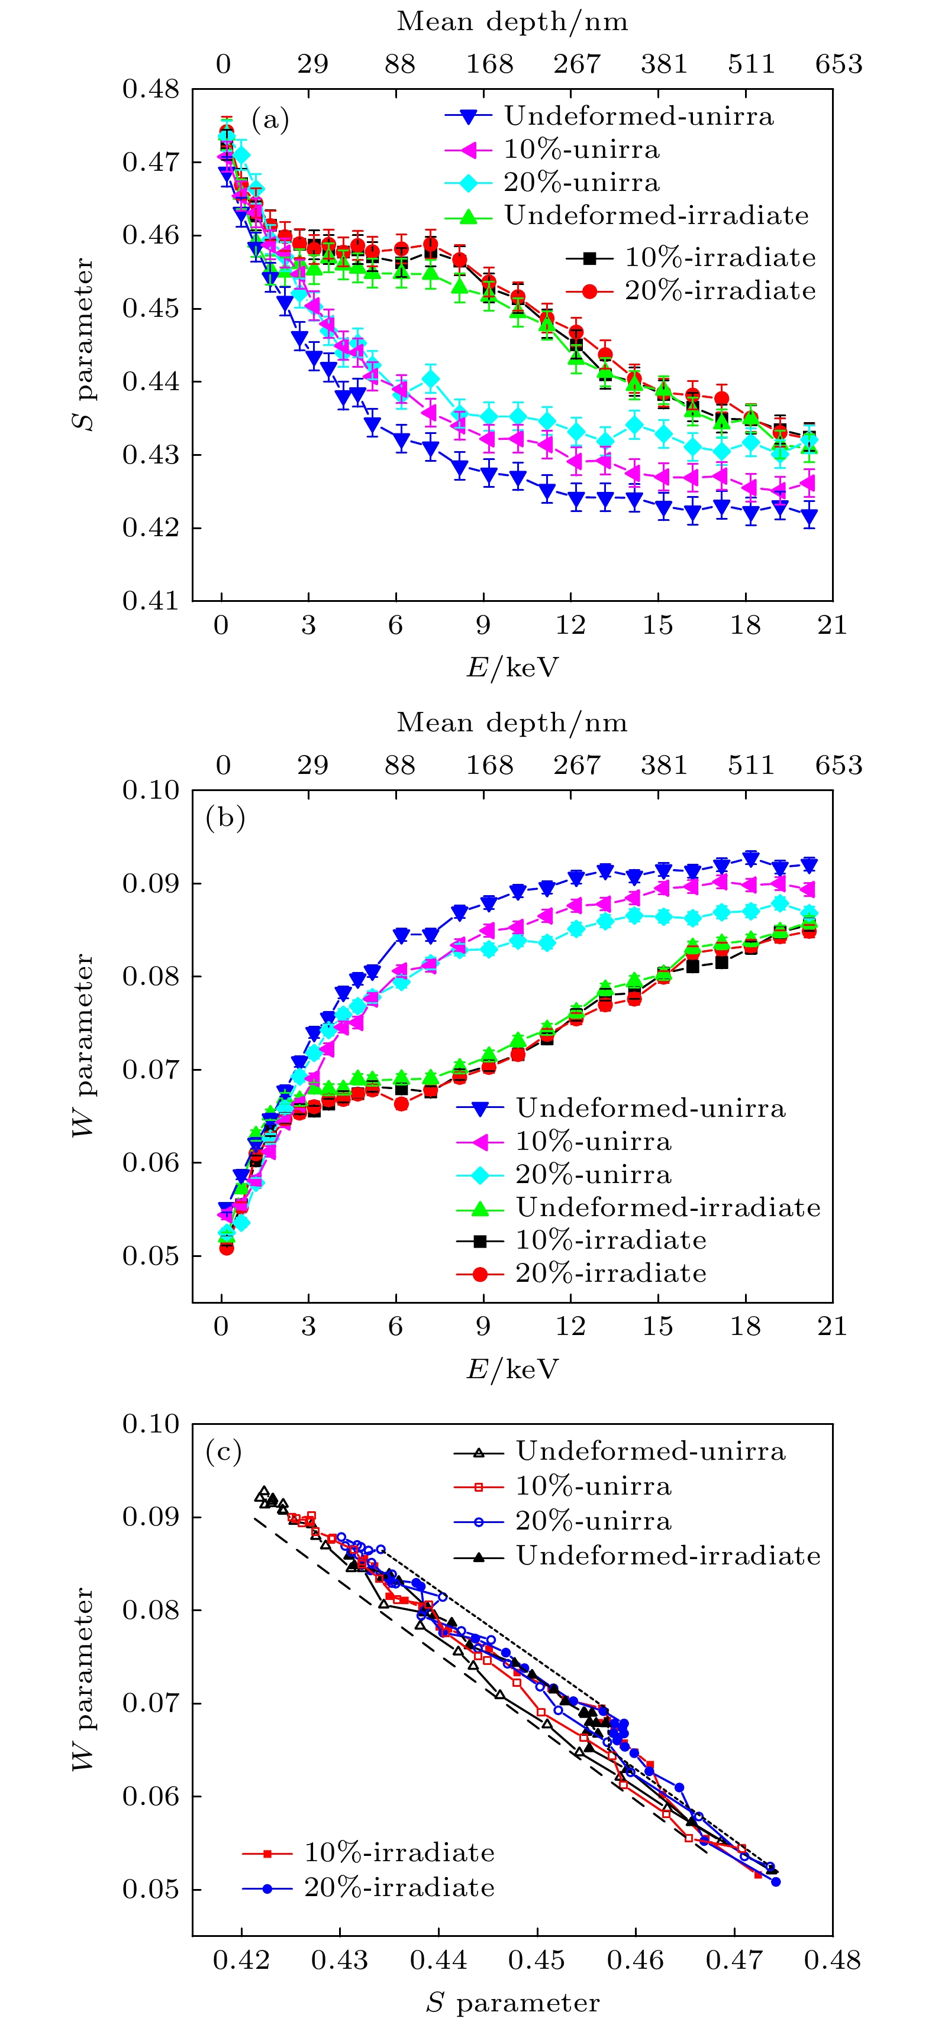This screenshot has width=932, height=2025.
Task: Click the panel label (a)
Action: click(270, 120)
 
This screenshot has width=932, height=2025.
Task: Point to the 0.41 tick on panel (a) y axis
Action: click(151, 601)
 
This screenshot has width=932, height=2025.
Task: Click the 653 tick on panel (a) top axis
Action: click(839, 64)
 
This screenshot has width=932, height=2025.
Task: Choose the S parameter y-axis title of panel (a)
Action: click(83, 344)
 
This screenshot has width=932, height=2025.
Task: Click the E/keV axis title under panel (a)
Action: click(512, 668)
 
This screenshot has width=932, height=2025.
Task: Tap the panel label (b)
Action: click(225, 818)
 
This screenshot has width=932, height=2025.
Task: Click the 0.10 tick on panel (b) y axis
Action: click(151, 791)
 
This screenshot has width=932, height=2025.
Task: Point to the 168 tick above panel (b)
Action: click(489, 766)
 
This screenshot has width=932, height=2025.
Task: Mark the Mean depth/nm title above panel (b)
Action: click(512, 722)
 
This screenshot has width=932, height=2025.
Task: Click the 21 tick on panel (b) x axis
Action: click(832, 1327)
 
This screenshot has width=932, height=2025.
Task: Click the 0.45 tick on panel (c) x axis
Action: click(537, 1961)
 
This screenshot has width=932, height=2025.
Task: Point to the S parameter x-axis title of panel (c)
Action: click(512, 2002)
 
